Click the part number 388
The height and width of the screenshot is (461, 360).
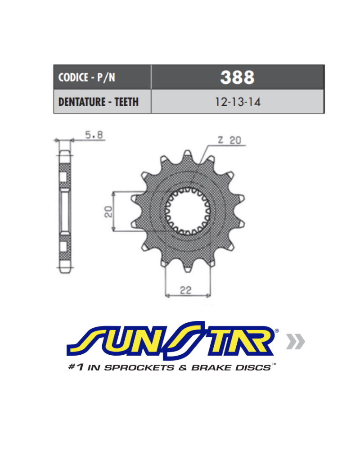click(237, 77)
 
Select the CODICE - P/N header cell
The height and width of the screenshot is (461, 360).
click(102, 77)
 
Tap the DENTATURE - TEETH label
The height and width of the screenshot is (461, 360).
click(99, 102)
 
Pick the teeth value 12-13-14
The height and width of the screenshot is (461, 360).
click(238, 102)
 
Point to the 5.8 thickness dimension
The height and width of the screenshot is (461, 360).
click(94, 135)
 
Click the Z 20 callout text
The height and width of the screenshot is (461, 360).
click(229, 140)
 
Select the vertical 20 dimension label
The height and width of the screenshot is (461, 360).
click(108, 212)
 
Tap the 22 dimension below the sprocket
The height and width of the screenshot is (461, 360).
click(186, 290)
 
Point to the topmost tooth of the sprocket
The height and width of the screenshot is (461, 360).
click(187, 155)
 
